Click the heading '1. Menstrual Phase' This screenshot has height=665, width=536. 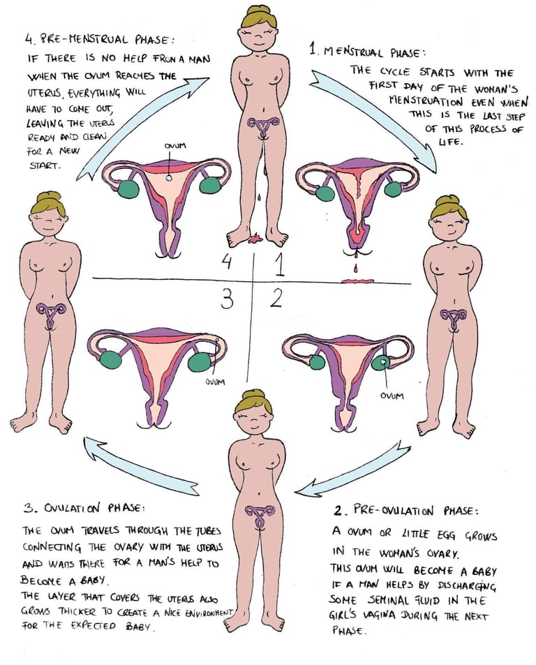(x=367, y=50)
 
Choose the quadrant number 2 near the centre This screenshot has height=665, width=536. (x=276, y=299)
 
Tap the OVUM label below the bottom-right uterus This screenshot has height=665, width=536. (x=392, y=396)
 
